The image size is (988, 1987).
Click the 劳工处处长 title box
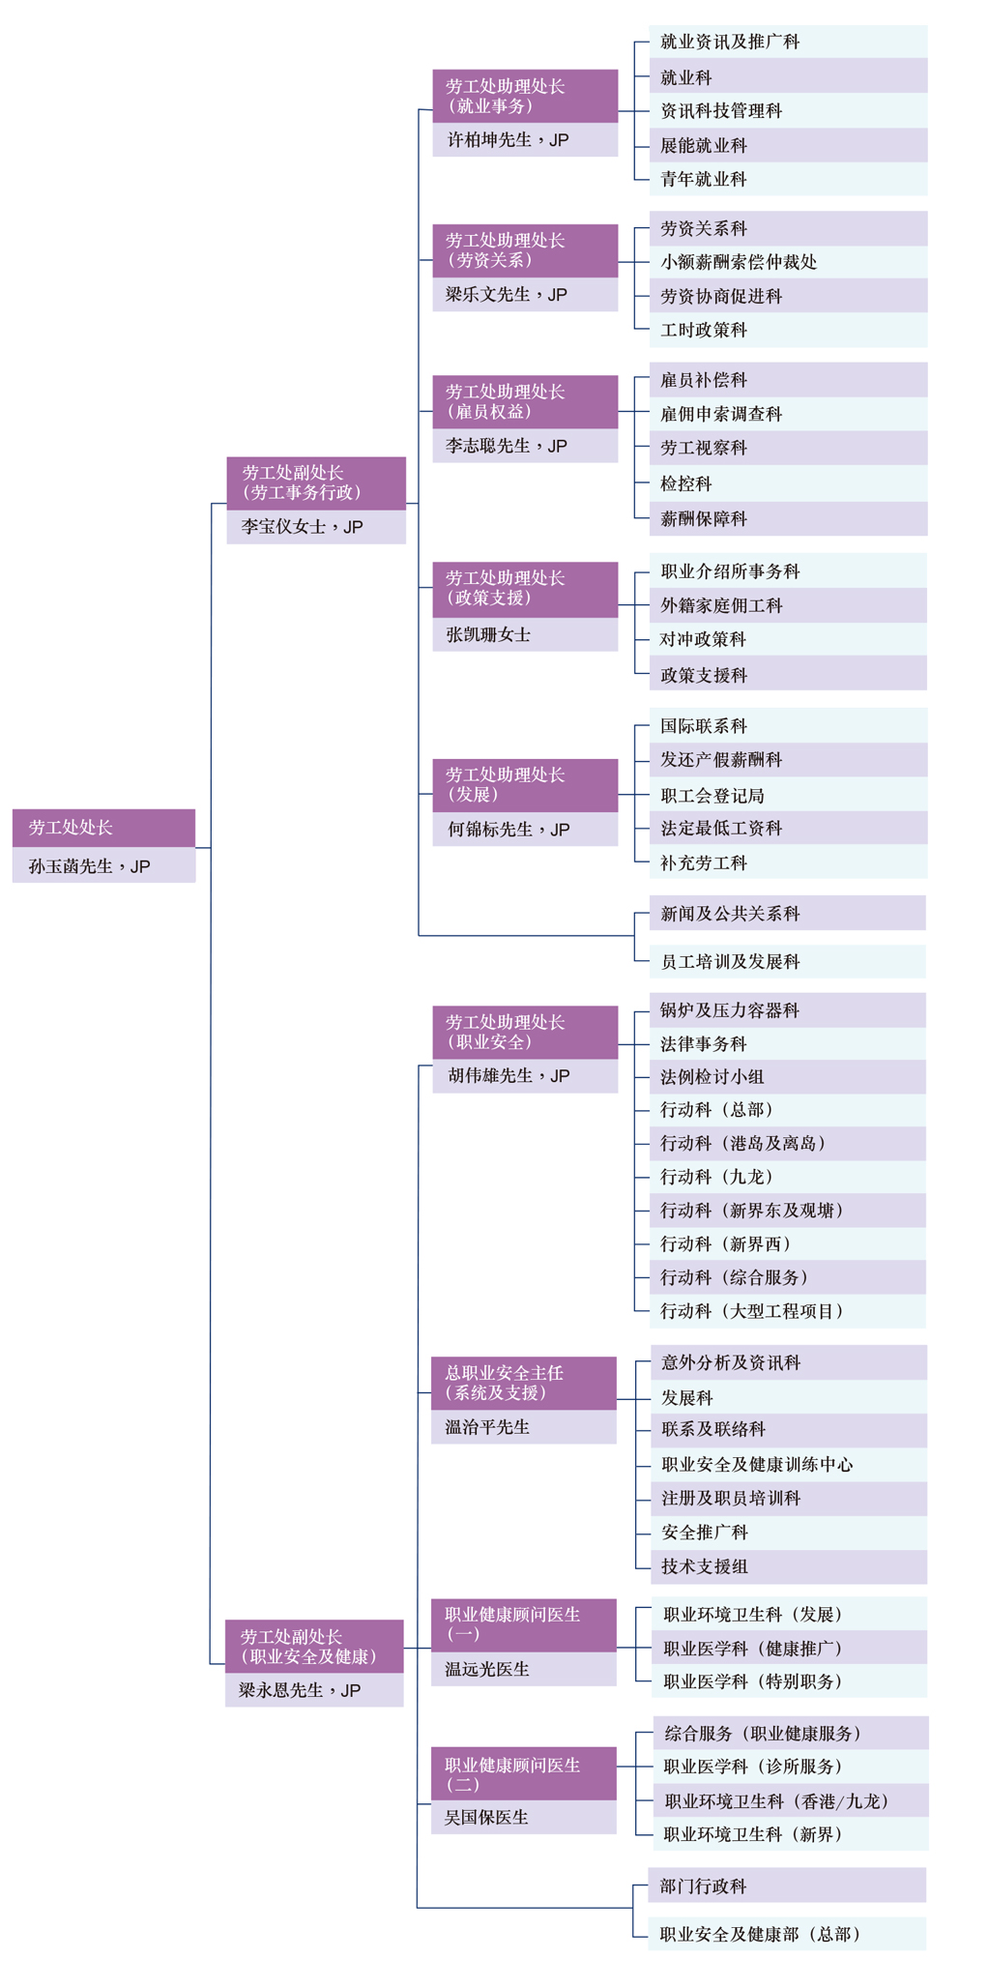(x=103, y=828)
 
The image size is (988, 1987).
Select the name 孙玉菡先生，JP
(x=90, y=866)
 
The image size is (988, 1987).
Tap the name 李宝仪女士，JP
(x=303, y=527)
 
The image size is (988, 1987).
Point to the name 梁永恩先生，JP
(x=300, y=1690)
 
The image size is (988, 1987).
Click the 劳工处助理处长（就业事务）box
(x=525, y=96)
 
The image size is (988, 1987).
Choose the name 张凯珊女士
(x=488, y=634)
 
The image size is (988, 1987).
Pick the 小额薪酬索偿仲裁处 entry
(x=739, y=262)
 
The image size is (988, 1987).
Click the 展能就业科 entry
(x=704, y=146)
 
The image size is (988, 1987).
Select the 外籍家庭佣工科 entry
(x=721, y=605)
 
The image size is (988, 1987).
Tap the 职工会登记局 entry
(x=712, y=796)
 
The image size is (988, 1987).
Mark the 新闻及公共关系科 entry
(x=730, y=914)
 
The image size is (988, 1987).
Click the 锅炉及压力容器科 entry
(x=730, y=1010)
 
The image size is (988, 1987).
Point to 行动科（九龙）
(x=716, y=1177)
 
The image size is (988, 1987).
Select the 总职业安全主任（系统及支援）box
(x=523, y=1383)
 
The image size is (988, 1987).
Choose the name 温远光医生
(x=486, y=1669)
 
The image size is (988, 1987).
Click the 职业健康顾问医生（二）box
(x=523, y=1773)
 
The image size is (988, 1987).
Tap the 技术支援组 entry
(x=705, y=1566)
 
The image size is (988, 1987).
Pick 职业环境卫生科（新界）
(x=753, y=1834)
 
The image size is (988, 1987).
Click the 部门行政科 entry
(x=704, y=1886)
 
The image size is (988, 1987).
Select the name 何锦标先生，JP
(x=509, y=830)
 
